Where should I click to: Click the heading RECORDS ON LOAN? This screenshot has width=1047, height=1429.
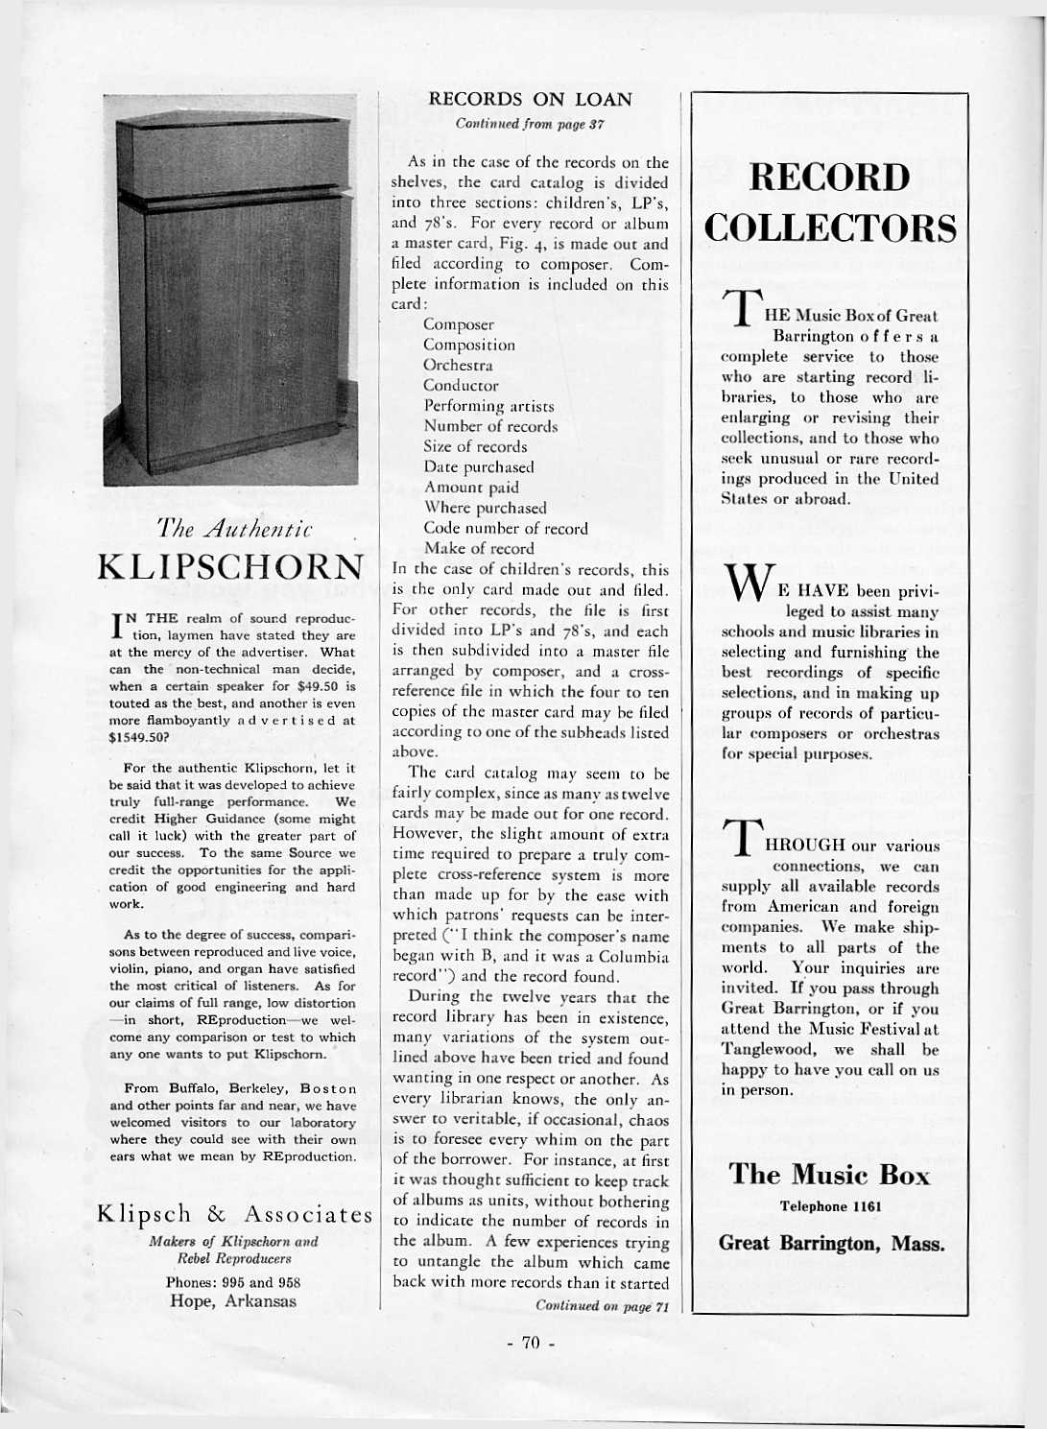click(x=530, y=99)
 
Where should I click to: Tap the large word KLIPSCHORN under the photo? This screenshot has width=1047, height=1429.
click(x=231, y=566)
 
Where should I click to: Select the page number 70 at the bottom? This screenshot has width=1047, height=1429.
click(x=532, y=1343)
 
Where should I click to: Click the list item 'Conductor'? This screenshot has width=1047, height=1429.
click(x=461, y=386)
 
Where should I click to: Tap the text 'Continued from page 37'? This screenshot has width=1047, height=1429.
click(x=530, y=124)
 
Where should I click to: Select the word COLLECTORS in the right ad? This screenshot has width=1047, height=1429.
click(x=830, y=229)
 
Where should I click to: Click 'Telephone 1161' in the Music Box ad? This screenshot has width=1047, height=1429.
click(x=830, y=1206)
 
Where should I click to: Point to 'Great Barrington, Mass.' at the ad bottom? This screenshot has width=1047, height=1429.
click(x=831, y=1244)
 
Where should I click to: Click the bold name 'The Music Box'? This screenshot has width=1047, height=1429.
click(x=829, y=1175)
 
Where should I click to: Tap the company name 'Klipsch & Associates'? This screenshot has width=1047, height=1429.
click(x=234, y=1215)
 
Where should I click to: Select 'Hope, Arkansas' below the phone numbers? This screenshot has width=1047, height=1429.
click(x=233, y=1301)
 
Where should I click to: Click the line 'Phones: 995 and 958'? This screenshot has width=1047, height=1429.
click(x=233, y=1282)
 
